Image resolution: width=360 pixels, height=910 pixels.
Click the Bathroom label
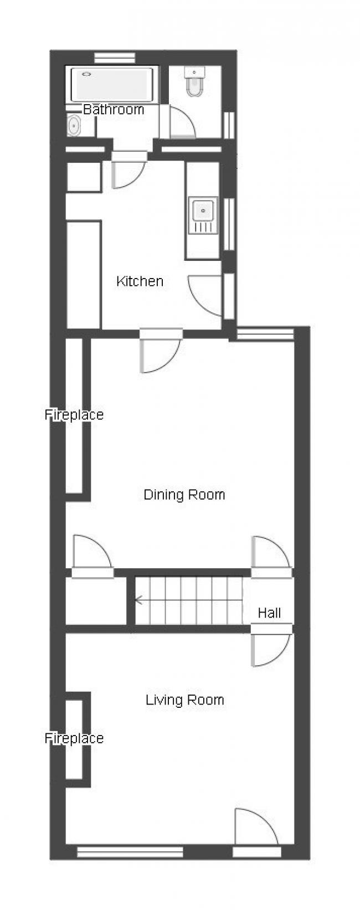(114, 109)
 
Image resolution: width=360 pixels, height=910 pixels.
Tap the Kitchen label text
(140, 281)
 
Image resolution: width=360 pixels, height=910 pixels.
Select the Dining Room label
(184, 495)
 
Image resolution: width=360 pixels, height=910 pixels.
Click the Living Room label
(185, 700)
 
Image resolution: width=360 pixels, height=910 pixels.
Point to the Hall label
(269, 613)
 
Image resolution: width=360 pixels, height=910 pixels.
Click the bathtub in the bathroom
(112, 85)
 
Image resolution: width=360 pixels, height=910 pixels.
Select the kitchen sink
(203, 215)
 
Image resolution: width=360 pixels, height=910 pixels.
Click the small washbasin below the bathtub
(74, 125)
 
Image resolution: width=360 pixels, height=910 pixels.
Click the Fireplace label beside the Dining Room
(74, 415)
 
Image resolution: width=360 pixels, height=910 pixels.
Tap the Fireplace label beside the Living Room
(74, 738)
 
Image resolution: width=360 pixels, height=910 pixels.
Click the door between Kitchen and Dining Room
(161, 350)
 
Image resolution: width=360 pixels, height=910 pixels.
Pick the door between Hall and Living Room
(271, 646)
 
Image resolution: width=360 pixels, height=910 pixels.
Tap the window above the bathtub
(115, 58)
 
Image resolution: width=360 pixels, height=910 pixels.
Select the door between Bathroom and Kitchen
(129, 170)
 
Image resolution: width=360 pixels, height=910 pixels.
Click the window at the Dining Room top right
(265, 334)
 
